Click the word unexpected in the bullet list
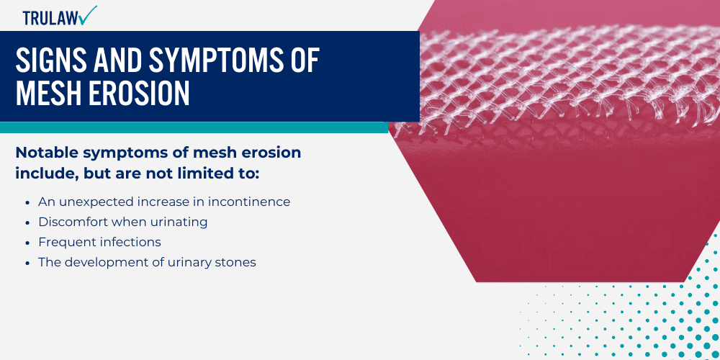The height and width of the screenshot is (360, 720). [92, 202]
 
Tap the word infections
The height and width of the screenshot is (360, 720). [127, 242]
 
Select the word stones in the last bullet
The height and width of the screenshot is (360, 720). [236, 262]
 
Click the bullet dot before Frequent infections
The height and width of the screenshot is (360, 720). [27, 243]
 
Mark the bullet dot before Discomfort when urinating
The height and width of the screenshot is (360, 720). [27, 222]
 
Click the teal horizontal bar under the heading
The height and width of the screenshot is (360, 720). [194, 127]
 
